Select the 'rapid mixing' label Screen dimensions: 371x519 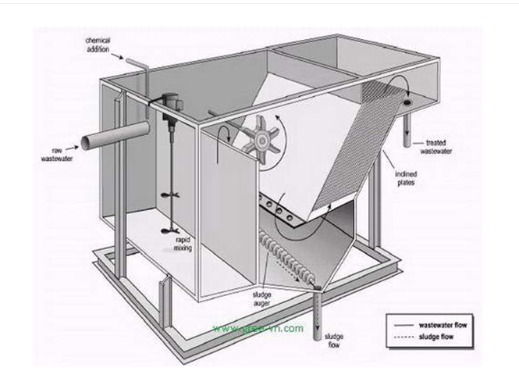(x=183, y=244)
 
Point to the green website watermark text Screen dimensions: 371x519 (x=258, y=328)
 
